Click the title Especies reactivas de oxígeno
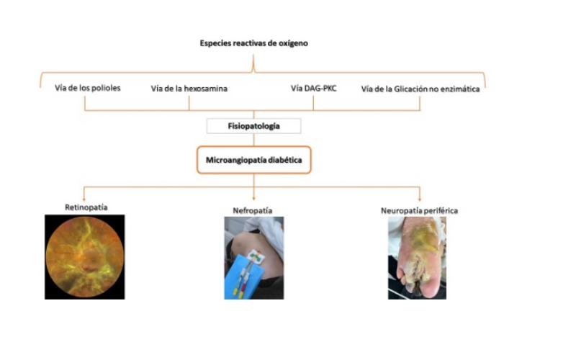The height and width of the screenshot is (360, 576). point(254,43)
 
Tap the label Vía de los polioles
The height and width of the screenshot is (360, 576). point(87,88)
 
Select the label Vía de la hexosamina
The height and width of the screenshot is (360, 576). point(189,89)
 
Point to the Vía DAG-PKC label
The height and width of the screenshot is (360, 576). point(313,88)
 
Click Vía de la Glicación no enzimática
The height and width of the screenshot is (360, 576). point(420,89)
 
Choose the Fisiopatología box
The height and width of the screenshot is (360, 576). point(254,126)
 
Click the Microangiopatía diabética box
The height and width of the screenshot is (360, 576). point(254,160)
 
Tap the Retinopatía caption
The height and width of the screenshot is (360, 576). point(86,207)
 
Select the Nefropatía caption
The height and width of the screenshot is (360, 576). point(253,211)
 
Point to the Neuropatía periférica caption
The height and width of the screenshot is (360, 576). point(419,211)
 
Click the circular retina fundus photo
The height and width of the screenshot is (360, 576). point(85,257)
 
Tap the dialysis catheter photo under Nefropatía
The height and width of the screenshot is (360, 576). point(254,258)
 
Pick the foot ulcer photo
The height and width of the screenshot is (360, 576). point(418,258)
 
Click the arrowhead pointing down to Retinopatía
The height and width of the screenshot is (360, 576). point(84,199)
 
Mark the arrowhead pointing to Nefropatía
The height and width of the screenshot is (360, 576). point(254,199)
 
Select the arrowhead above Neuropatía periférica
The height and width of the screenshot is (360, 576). point(420,199)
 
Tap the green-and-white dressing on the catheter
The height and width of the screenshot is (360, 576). point(256,256)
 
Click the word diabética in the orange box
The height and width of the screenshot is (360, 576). point(285,160)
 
